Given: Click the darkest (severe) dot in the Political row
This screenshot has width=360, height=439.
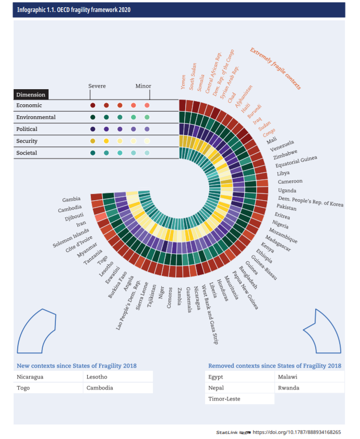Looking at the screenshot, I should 92,129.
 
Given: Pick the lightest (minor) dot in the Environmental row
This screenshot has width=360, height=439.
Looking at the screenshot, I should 147,117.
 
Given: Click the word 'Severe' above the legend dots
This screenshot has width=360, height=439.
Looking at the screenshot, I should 97,86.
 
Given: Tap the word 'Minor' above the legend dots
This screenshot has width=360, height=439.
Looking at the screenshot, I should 143,86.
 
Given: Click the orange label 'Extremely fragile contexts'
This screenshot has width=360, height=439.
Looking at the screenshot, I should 275,68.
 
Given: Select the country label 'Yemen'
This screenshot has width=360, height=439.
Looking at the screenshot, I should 183,82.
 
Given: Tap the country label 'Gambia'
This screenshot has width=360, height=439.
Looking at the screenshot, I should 71,200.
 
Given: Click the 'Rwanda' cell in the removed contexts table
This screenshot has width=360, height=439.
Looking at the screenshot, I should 289,388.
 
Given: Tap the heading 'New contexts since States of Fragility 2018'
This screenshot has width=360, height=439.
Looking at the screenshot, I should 77,365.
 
